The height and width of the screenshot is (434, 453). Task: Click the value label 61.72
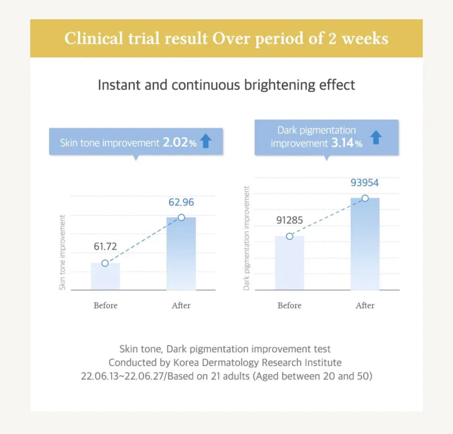click(105, 246)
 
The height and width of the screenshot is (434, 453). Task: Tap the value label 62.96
click(181, 202)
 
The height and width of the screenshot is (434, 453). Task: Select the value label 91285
click(289, 220)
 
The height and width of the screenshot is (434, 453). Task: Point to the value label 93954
click(365, 183)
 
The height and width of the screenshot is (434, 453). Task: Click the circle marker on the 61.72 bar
click(105, 263)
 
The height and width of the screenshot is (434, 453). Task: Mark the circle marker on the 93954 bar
click(365, 198)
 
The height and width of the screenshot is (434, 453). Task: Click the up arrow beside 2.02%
click(206, 141)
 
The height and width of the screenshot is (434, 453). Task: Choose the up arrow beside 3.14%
click(376, 137)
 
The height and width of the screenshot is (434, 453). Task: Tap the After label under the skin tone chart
click(181, 305)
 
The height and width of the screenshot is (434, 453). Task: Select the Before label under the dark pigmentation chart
click(289, 305)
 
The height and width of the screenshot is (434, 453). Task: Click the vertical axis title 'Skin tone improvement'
click(63, 252)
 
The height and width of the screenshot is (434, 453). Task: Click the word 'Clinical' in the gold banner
click(94, 38)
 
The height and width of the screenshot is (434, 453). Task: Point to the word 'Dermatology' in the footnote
click(231, 362)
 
